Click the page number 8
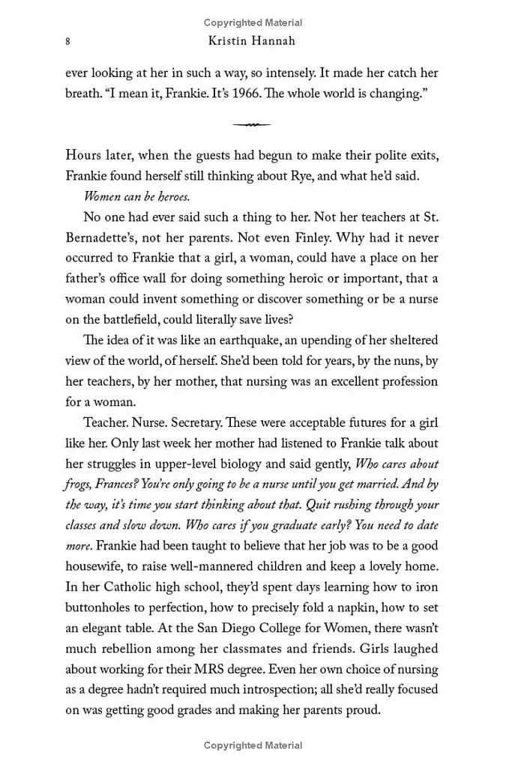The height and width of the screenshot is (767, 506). (x=68, y=42)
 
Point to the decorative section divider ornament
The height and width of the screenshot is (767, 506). (x=251, y=124)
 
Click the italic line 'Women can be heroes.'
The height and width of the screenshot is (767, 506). (x=136, y=197)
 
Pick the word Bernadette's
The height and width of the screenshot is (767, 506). (x=100, y=237)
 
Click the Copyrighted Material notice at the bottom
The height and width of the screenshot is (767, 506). (x=253, y=745)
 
